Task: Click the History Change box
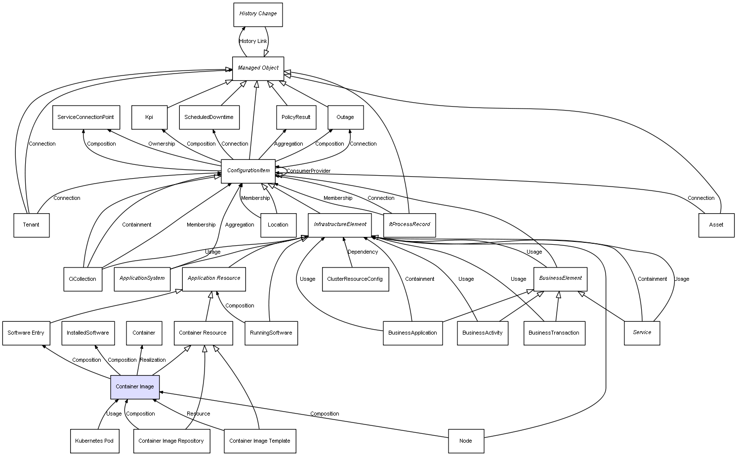point(258,14)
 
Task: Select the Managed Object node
point(258,68)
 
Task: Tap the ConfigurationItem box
point(248,171)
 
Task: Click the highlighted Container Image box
point(135,387)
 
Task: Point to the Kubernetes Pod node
point(94,441)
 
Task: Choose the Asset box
point(716,225)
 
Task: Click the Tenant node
point(31,225)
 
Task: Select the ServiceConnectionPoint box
point(85,117)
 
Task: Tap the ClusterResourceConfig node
point(355,279)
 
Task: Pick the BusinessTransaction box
point(554,333)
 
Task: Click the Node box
point(466,441)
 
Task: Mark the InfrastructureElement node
point(340,225)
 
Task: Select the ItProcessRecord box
point(409,225)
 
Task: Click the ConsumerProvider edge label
point(309,171)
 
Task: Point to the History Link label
point(253,41)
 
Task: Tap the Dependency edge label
point(363,252)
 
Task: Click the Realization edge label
point(153,360)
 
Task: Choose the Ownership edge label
point(162,144)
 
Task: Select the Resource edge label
point(198,414)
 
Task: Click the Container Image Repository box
point(171,441)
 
